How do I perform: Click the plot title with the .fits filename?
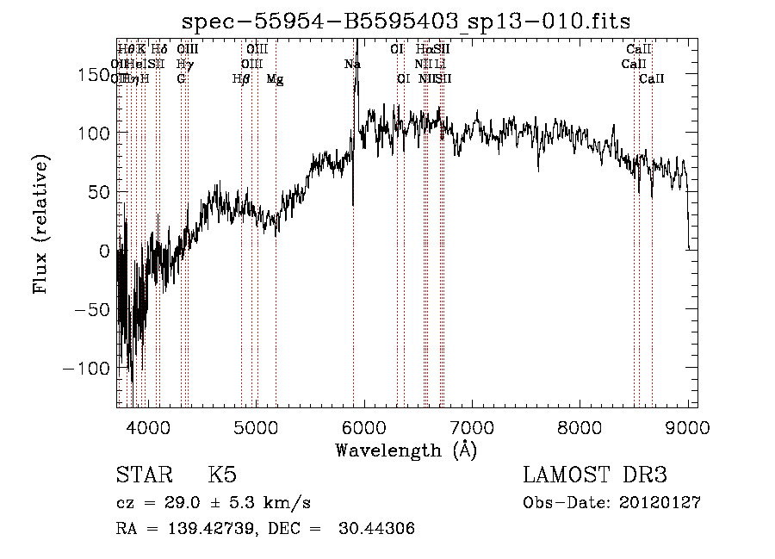pos(406,22)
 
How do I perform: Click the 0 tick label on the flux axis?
pos(105,252)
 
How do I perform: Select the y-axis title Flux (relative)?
pos(40,226)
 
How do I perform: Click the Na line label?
pos(352,64)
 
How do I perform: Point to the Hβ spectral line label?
pos(241,78)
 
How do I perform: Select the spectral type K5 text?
pos(223,475)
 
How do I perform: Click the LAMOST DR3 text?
pos(595,475)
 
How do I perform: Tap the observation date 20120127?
pos(660,502)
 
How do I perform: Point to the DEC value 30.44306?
pos(379,529)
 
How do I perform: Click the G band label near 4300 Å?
pos(181,78)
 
